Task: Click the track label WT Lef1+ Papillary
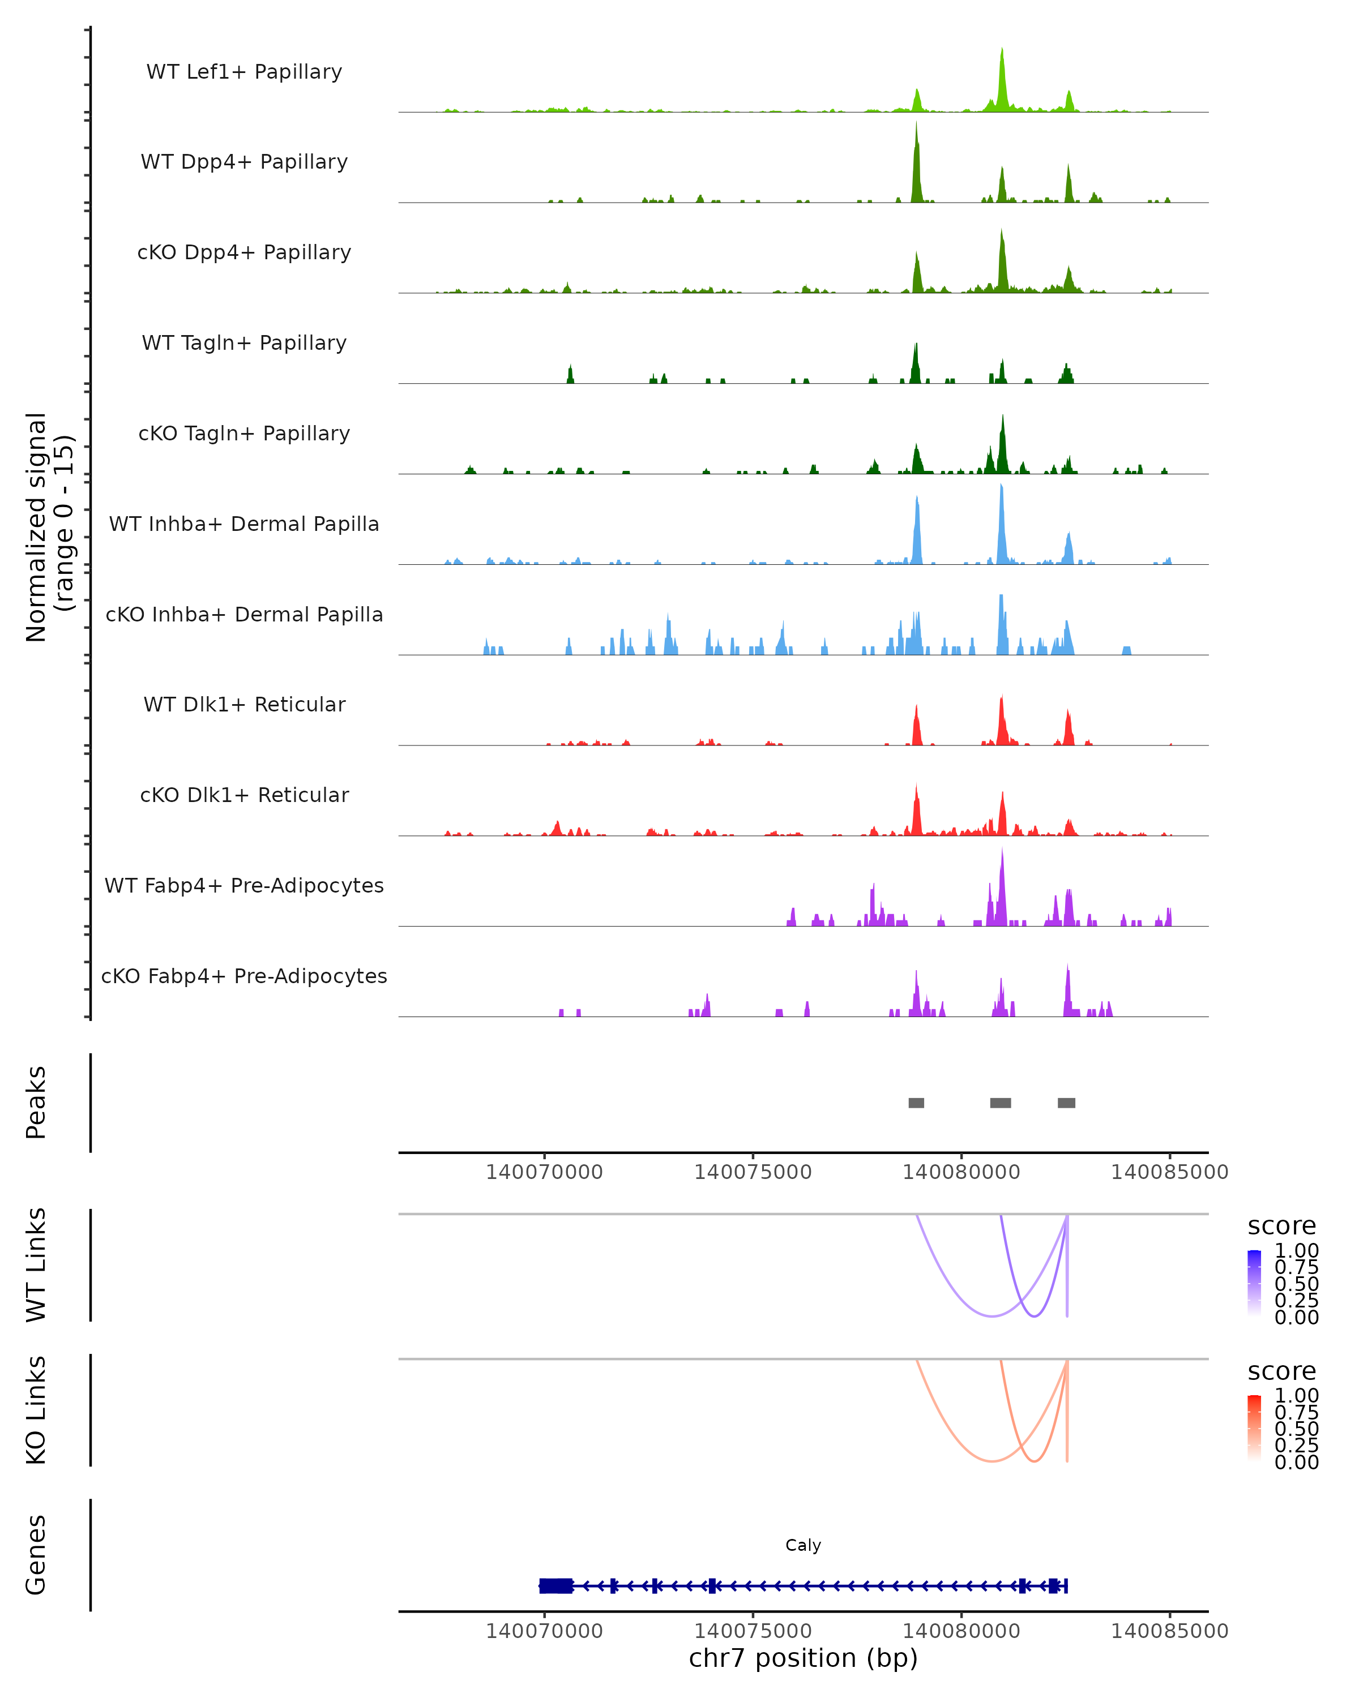(x=244, y=72)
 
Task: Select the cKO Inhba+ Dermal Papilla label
(x=244, y=614)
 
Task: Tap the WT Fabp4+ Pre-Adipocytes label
(x=244, y=885)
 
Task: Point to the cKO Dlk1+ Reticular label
(x=244, y=795)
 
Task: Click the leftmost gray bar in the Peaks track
(x=916, y=1103)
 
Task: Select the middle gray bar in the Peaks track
(x=1001, y=1103)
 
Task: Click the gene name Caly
(x=803, y=1545)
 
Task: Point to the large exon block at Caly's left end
(x=555, y=1585)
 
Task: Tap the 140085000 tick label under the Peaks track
(x=1169, y=1172)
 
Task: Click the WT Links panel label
(x=36, y=1264)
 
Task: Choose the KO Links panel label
(x=36, y=1410)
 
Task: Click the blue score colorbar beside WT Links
(x=1254, y=1283)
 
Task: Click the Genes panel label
(x=36, y=1555)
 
